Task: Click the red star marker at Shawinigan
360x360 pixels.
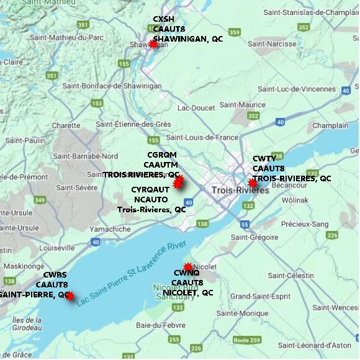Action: [153, 44]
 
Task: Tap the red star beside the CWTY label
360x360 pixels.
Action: [252, 183]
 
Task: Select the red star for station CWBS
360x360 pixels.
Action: [70, 297]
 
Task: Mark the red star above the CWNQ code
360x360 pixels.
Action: [188, 267]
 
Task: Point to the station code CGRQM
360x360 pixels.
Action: [161, 155]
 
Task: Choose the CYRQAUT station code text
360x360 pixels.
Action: [150, 189]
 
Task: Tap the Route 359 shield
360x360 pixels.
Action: [234, 32]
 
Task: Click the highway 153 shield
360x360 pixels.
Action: [97, 104]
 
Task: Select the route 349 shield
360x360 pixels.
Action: [40, 199]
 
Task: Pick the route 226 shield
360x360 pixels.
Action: [332, 235]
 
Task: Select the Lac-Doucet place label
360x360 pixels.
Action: [196, 108]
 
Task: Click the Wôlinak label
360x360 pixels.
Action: [295, 200]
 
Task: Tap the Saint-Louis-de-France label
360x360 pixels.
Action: [202, 137]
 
